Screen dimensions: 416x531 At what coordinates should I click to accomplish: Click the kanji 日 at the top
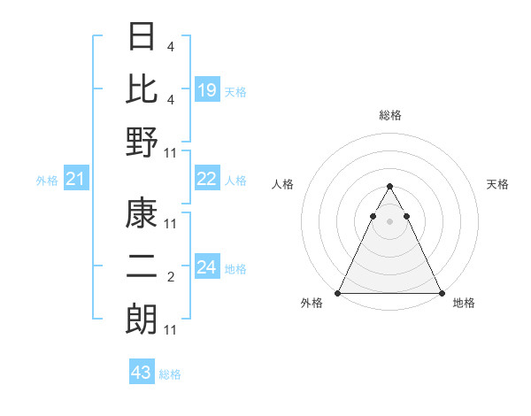pyautogui.click(x=142, y=38)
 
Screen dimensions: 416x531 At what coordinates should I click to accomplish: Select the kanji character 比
pyautogui.click(x=142, y=89)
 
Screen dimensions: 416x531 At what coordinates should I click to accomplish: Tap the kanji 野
pyautogui.click(x=142, y=142)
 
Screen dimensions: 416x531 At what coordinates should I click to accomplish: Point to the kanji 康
pyautogui.click(x=142, y=215)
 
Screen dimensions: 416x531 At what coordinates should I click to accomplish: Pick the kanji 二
pyautogui.click(x=142, y=267)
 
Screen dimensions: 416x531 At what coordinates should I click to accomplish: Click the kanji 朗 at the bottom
pyautogui.click(x=142, y=319)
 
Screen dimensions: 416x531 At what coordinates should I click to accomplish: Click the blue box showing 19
pyautogui.click(x=207, y=89)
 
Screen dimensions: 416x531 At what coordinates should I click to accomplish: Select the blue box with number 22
pyautogui.click(x=207, y=179)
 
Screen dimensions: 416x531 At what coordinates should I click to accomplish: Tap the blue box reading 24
pyautogui.click(x=207, y=267)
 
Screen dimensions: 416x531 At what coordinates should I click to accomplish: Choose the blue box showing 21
pyautogui.click(x=76, y=180)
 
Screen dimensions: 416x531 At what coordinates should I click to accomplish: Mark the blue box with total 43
pyautogui.click(x=142, y=373)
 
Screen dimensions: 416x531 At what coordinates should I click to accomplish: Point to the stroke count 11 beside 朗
pyautogui.click(x=171, y=330)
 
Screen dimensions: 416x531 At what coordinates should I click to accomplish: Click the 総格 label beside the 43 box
pyautogui.click(x=171, y=374)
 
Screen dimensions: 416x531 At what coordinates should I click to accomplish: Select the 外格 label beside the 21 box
pyautogui.click(x=47, y=181)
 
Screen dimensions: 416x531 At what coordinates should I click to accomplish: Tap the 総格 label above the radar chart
pyautogui.click(x=390, y=115)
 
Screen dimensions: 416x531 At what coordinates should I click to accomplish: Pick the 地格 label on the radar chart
pyautogui.click(x=464, y=304)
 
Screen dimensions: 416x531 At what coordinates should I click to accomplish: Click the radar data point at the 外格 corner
pyautogui.click(x=339, y=293)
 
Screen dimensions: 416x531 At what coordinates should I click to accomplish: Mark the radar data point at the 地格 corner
pyautogui.click(x=441, y=293)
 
